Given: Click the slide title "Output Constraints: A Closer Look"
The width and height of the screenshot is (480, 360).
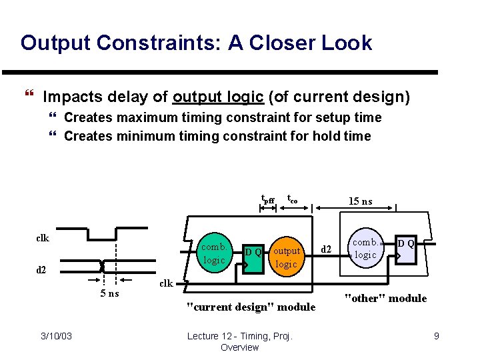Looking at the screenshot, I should tap(196, 43).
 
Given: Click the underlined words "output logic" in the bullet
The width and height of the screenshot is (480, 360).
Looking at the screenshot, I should tap(218, 97).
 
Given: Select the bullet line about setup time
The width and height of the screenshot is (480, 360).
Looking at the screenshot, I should tap(223, 118).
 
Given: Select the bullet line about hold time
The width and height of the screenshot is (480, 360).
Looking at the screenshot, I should tap(217, 137).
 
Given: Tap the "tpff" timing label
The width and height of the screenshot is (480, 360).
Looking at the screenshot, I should tap(267, 199).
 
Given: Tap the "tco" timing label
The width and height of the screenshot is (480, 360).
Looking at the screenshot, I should tap(292, 198).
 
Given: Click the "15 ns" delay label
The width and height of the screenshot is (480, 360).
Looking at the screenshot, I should tap(361, 201).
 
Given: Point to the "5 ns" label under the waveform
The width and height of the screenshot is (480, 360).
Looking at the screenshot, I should tap(105, 293).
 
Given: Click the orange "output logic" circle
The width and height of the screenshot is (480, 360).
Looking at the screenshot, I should tap(287, 257).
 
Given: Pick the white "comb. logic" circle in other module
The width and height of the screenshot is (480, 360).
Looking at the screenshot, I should tap(365, 249).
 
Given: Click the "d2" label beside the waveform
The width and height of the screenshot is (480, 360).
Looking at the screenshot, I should tap(41, 270).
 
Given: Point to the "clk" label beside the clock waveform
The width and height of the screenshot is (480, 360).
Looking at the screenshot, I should tap(42, 237).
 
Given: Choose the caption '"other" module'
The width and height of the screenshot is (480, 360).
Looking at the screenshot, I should tap(385, 298).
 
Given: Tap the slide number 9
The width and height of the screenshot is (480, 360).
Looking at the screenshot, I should tap(436, 336).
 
